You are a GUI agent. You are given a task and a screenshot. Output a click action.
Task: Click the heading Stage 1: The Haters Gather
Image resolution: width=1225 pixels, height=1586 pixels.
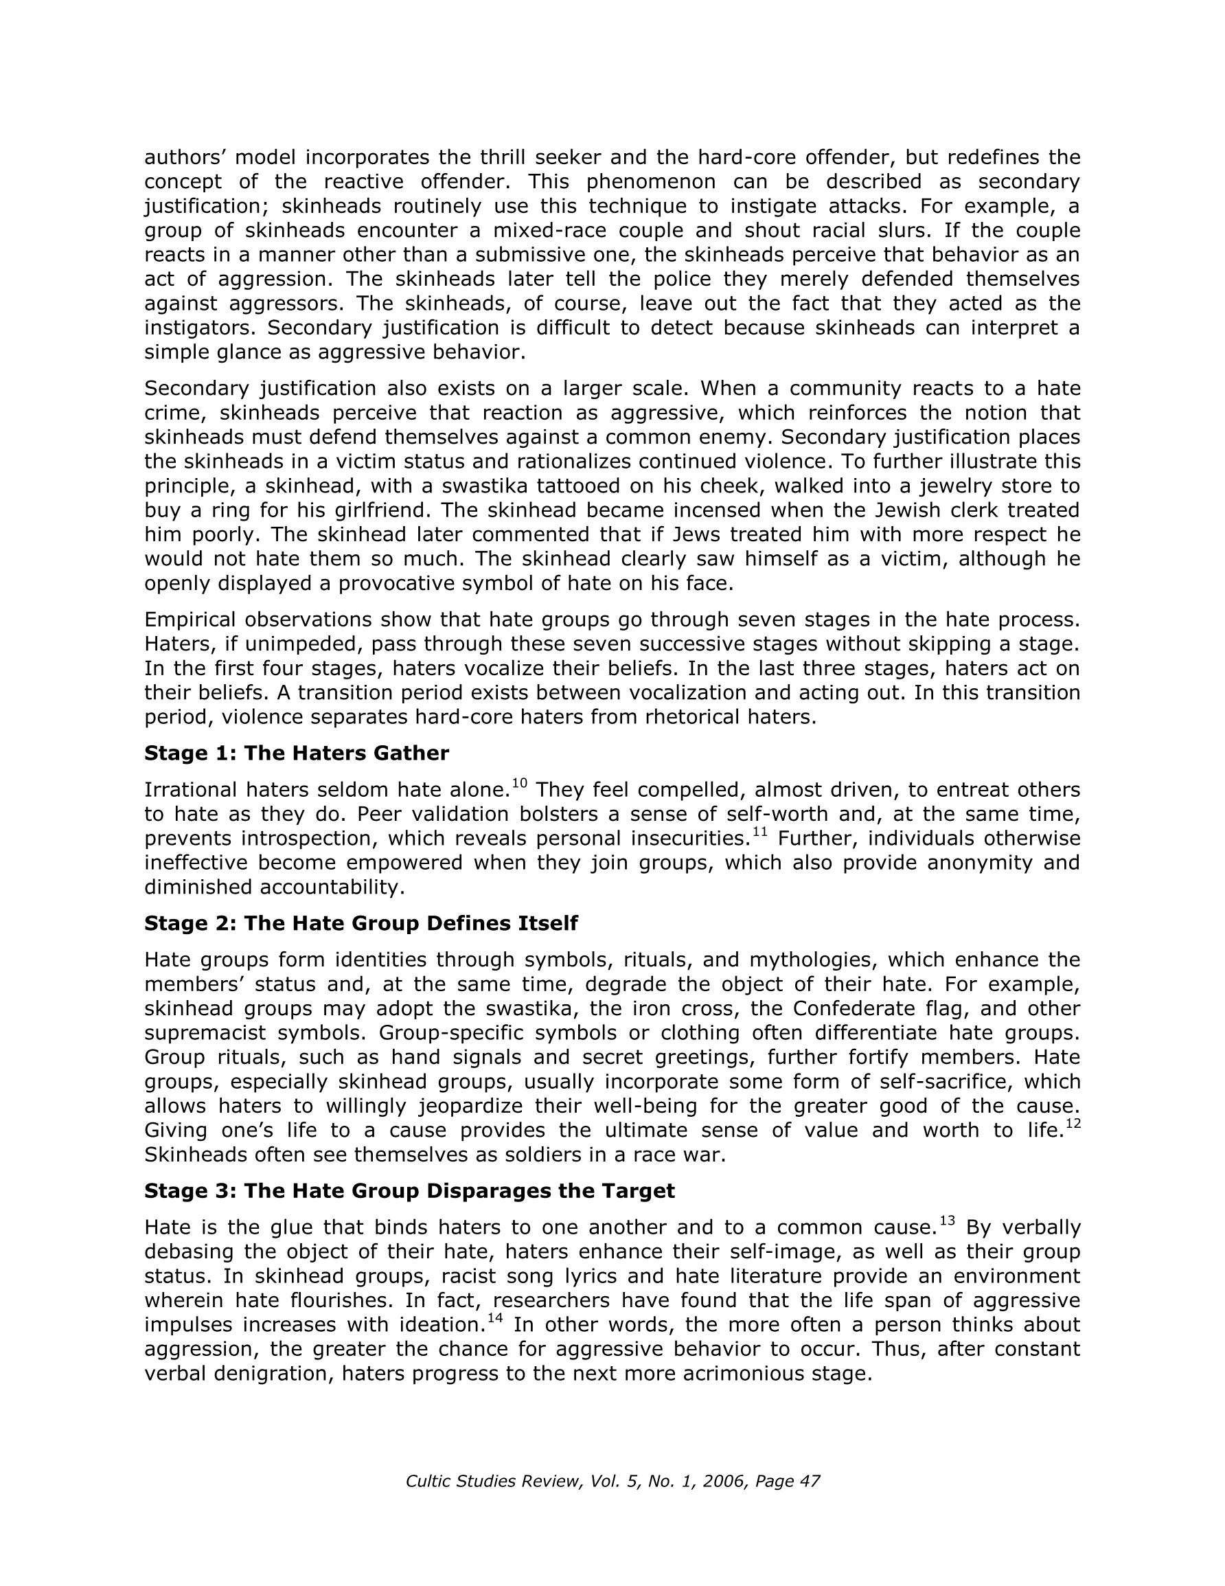pos(296,753)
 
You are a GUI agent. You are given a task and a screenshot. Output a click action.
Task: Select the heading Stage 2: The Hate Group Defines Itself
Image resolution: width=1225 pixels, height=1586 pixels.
pos(361,923)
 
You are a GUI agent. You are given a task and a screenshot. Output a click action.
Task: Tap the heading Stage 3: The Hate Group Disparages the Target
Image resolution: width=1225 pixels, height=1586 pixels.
pos(409,1190)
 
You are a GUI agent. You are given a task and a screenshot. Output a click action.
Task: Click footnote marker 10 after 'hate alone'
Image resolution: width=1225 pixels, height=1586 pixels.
pos(519,783)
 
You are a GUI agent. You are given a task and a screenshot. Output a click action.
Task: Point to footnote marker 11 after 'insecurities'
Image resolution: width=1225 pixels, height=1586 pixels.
pos(759,832)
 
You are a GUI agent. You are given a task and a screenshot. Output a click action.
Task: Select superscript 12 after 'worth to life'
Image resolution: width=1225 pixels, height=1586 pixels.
pos(1073,1124)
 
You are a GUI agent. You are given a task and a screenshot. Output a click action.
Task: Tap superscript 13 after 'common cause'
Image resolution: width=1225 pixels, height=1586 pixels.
pos(947,1221)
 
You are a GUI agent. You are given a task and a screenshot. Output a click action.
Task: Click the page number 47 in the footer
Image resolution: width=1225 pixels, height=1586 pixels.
pos(810,1481)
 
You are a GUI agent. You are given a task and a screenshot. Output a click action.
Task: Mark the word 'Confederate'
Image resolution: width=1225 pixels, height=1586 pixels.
pos(854,1008)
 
